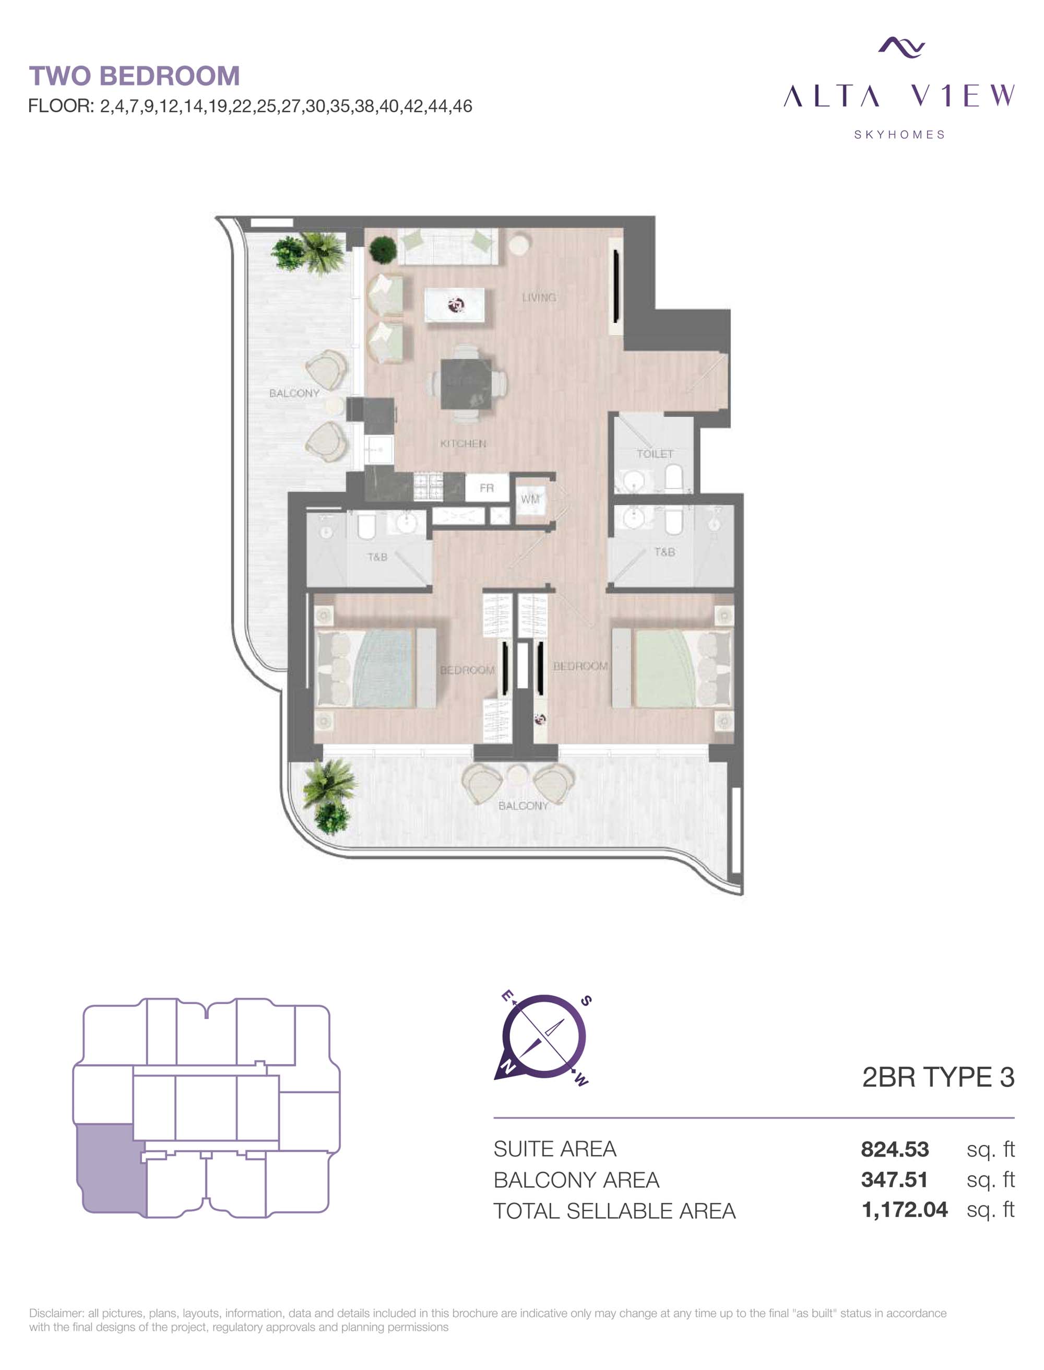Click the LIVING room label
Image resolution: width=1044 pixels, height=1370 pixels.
[x=539, y=298]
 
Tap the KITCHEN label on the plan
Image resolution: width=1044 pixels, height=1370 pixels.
[x=463, y=444]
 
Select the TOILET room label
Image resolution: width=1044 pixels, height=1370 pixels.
[x=655, y=454]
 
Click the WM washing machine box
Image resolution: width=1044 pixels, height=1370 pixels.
[x=530, y=500]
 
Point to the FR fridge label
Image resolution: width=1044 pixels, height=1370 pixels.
[x=487, y=489]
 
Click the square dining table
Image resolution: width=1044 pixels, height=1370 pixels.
[x=467, y=384]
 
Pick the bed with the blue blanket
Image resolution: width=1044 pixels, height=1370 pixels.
[x=376, y=668]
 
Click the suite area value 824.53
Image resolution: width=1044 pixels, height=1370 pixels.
[x=895, y=1149]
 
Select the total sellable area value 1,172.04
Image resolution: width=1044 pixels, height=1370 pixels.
[x=905, y=1210]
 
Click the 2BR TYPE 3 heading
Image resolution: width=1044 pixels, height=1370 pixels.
[x=938, y=1077]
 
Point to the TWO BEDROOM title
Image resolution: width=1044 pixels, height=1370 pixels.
[x=134, y=76]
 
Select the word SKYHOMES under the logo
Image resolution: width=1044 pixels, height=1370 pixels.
[x=899, y=135]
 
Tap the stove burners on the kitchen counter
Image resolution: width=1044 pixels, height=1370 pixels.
[x=428, y=487]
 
